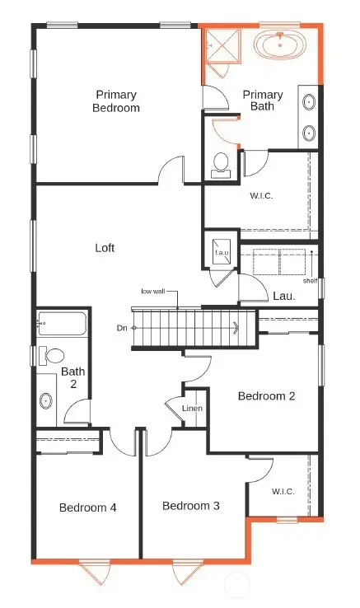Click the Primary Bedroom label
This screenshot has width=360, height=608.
tap(117, 101)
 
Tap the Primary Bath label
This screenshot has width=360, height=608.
tap(263, 101)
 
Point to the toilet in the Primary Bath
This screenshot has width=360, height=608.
tap(220, 163)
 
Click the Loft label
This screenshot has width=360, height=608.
tap(105, 246)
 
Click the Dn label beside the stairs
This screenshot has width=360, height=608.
tap(123, 327)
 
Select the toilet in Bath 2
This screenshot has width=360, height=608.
tap(54, 356)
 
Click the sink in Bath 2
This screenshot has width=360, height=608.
tap(46, 400)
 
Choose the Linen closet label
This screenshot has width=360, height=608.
tap(193, 409)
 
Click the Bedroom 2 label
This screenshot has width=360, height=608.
tap(266, 395)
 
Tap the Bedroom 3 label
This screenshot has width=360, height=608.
tap(190, 505)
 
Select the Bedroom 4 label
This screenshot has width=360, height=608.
tap(87, 507)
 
